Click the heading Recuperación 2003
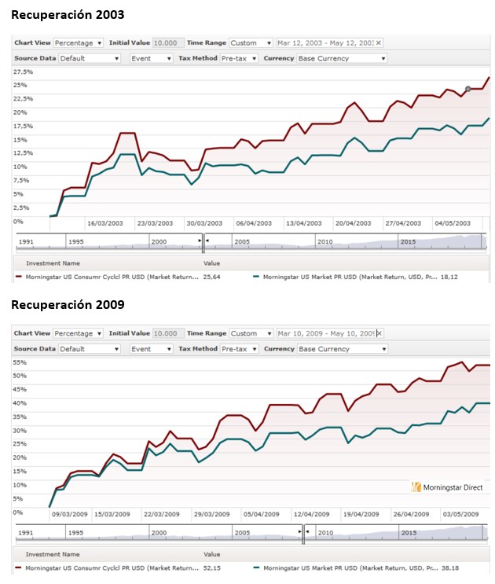68,15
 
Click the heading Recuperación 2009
68,304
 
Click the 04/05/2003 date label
453,223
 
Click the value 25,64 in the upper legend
211,277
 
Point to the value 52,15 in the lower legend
211,567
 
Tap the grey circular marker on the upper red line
467,89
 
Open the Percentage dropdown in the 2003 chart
78,43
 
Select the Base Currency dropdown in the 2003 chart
342,58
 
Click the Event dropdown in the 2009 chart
151,348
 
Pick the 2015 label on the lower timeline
409,532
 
